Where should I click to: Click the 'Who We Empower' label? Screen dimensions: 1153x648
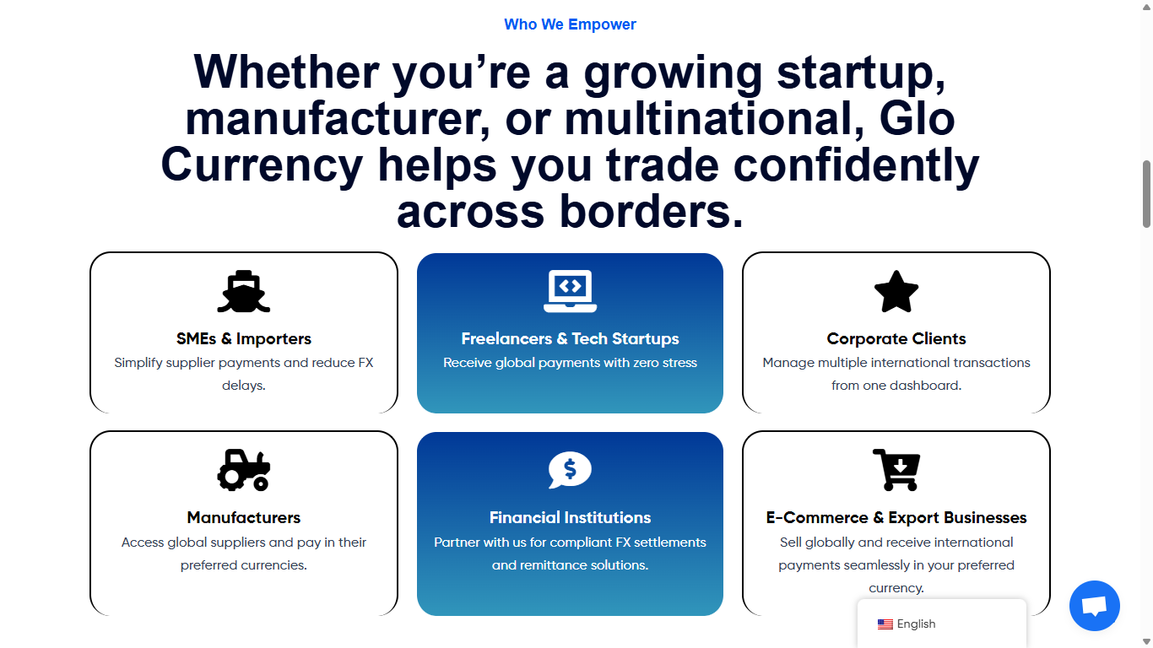point(570,24)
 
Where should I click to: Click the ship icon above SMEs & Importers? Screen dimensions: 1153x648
point(243,291)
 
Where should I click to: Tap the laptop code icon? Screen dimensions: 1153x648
point(570,291)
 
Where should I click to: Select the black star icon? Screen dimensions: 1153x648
point(896,292)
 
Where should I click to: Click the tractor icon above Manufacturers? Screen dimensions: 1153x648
point(243,470)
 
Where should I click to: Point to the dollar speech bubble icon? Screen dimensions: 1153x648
point(570,470)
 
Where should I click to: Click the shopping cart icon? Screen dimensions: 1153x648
point(896,470)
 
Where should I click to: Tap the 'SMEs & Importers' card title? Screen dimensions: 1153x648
point(243,338)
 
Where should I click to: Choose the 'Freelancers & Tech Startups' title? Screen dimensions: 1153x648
point(570,338)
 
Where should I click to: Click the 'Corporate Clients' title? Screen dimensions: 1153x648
point(896,338)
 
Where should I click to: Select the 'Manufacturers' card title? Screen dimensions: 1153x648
point(243,517)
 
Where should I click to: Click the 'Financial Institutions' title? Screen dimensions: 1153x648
point(570,517)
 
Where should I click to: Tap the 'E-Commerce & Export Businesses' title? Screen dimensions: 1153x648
point(896,517)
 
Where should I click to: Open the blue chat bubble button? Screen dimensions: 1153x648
point(1094,606)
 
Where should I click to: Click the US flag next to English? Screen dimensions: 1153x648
point(885,624)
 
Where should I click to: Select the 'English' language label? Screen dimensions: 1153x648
point(916,624)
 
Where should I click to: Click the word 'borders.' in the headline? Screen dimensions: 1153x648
point(652,211)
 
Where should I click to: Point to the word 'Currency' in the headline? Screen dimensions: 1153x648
point(262,165)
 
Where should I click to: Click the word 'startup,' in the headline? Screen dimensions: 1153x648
point(861,73)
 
